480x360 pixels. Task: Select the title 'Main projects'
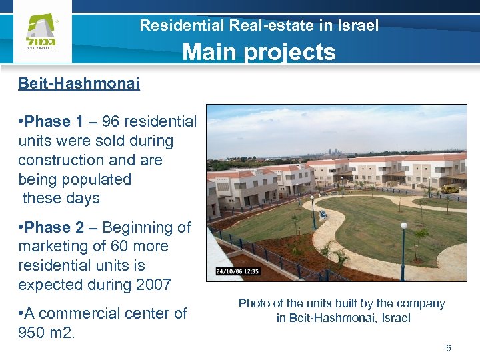259,51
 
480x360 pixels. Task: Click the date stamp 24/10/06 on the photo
230,271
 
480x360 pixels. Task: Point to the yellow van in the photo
450,189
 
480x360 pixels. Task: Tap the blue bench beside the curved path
323,214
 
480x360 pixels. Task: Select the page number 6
449,348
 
